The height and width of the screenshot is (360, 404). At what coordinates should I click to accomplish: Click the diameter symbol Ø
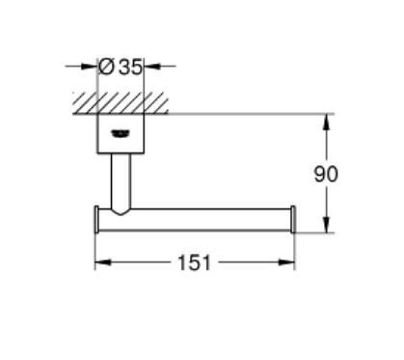(108, 68)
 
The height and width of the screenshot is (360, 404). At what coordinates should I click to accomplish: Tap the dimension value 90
(327, 175)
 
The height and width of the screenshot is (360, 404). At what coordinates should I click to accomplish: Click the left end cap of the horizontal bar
(95, 219)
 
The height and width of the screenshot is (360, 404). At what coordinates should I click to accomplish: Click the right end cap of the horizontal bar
(292, 219)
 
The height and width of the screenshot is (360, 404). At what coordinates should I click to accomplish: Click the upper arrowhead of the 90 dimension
(327, 120)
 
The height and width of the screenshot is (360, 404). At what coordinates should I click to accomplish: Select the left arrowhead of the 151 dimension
(98, 262)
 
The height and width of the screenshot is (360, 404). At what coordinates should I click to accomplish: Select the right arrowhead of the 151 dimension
(289, 262)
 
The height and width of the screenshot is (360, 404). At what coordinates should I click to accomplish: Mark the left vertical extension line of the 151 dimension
(94, 249)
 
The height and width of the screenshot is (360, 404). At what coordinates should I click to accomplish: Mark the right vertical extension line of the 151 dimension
(294, 249)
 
